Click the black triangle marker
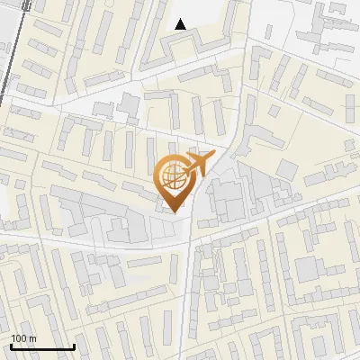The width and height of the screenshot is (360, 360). [181, 24]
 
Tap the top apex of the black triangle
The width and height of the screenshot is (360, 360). [181, 19]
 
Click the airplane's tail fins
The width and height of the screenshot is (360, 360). [187, 168]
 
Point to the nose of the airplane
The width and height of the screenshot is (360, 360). [212, 158]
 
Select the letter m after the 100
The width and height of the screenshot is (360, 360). [33, 338]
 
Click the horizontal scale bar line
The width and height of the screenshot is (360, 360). [42, 347]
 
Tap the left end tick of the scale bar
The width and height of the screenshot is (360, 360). [11, 346]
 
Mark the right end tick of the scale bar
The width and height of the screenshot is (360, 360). [74, 346]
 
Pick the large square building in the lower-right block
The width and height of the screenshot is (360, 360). [308, 268]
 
